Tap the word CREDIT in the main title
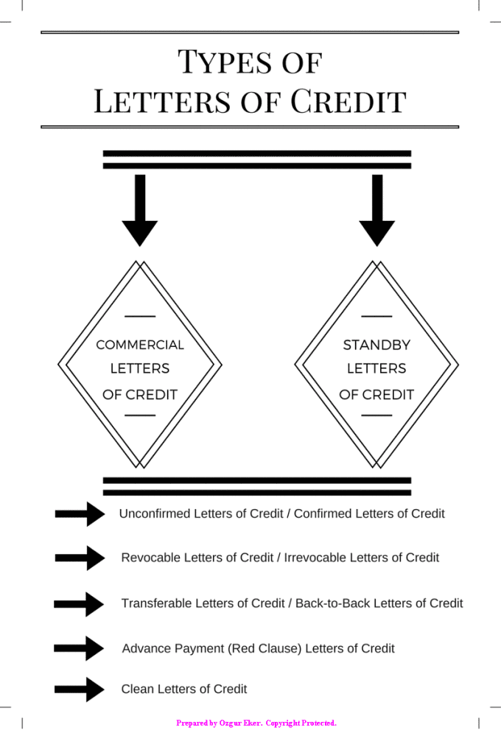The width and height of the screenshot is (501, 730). point(348,101)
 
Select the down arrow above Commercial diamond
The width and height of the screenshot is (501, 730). point(140,210)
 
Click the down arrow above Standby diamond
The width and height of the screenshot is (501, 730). point(376,210)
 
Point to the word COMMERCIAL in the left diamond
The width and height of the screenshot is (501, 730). point(140,345)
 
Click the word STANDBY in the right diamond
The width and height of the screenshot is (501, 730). point(376,345)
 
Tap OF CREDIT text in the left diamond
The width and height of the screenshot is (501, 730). point(140,395)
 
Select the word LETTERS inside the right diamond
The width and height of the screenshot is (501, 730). point(376,368)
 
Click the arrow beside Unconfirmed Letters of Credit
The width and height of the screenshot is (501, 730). point(80,513)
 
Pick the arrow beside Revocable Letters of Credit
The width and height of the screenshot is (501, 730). point(80,558)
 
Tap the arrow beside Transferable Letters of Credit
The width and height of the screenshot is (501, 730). point(80,604)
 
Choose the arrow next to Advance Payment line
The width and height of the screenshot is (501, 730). point(80,648)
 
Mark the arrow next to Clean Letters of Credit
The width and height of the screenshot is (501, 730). point(80,689)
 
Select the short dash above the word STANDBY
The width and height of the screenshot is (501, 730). point(376,316)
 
